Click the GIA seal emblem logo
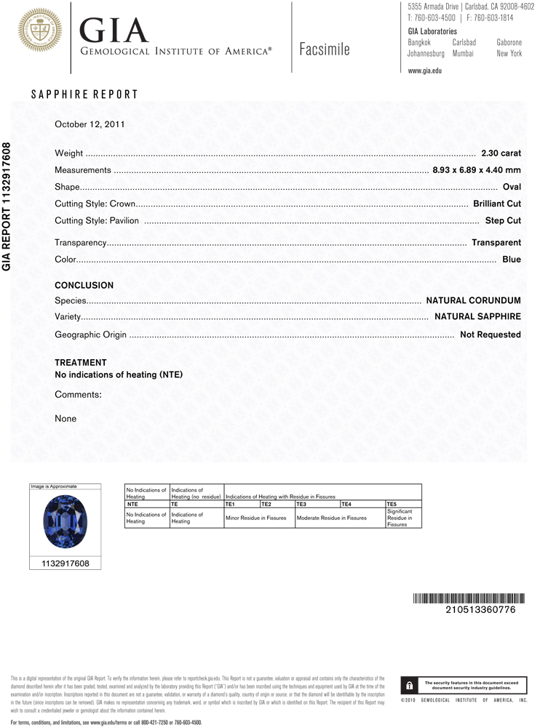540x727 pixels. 40,31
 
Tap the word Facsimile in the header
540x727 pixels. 325,49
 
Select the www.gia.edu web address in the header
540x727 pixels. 425,71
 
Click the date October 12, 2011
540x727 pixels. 90,124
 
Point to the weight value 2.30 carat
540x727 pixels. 501,153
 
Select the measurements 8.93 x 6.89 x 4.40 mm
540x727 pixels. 477,170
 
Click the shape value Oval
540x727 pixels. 512,187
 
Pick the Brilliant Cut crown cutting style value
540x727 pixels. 496,204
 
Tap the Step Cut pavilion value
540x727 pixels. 503,220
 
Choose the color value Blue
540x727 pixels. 512,259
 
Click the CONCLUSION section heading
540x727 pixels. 84,286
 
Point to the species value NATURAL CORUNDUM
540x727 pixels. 473,300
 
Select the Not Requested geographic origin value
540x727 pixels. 491,334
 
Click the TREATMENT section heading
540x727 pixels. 81,362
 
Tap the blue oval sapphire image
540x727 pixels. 64,521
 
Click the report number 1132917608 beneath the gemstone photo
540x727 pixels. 64,563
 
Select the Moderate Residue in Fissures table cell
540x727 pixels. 332,518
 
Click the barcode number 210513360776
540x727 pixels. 480,610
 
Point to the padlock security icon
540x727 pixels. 410,685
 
